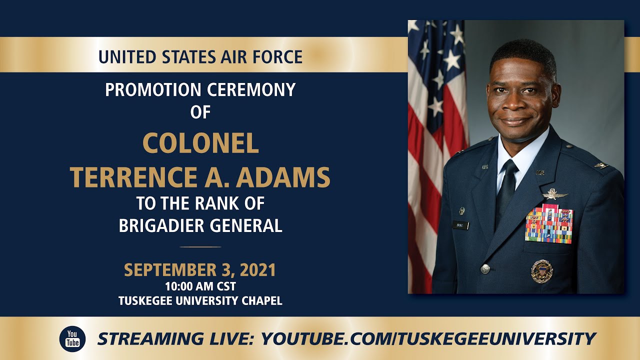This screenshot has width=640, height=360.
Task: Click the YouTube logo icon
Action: click(72, 339)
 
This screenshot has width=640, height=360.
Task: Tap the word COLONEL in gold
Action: click(200, 143)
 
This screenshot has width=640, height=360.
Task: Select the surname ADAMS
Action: click(283, 177)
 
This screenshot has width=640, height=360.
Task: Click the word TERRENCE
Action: click(133, 177)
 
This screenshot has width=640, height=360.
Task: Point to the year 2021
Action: click(258, 270)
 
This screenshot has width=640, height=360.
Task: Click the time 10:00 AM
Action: click(188, 286)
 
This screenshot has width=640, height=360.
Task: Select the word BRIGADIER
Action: click(161, 225)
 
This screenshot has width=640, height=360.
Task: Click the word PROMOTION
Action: click(153, 89)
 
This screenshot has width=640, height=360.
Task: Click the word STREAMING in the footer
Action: click(150, 339)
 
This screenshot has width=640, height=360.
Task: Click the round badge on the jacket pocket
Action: click(541, 271)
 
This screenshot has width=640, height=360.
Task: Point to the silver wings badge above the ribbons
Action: click(555, 194)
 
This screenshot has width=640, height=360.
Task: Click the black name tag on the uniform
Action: click(460, 225)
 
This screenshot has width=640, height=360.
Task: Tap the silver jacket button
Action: click(485, 268)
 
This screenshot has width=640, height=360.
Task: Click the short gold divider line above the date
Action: click(200, 247)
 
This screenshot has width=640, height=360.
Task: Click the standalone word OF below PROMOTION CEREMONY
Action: click(200, 112)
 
